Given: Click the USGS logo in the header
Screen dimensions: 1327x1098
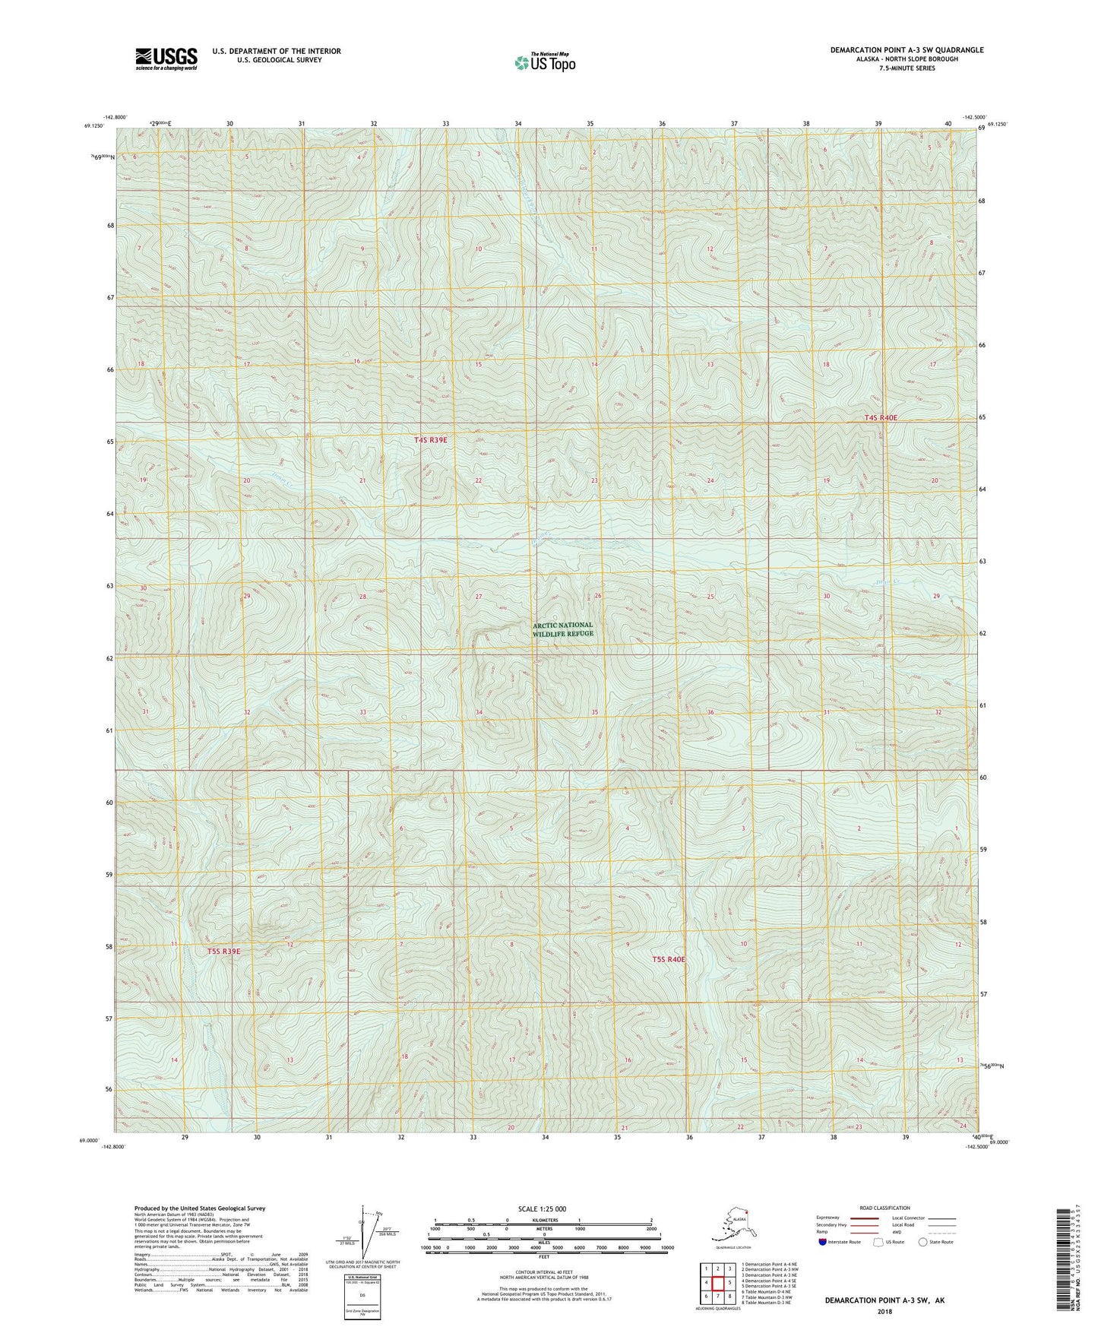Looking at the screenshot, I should tap(166, 59).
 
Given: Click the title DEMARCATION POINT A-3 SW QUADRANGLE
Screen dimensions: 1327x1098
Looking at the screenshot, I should tap(906, 50).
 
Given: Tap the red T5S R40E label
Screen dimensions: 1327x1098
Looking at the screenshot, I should tap(669, 959).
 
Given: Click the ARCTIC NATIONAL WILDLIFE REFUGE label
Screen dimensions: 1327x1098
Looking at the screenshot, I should tap(562, 629).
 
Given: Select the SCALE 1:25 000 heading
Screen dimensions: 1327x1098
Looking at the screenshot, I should tap(543, 1208).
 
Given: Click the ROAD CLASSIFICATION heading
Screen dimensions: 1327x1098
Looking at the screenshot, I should tap(884, 1208).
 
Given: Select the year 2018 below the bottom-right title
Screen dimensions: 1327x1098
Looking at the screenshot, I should tap(884, 1311).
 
